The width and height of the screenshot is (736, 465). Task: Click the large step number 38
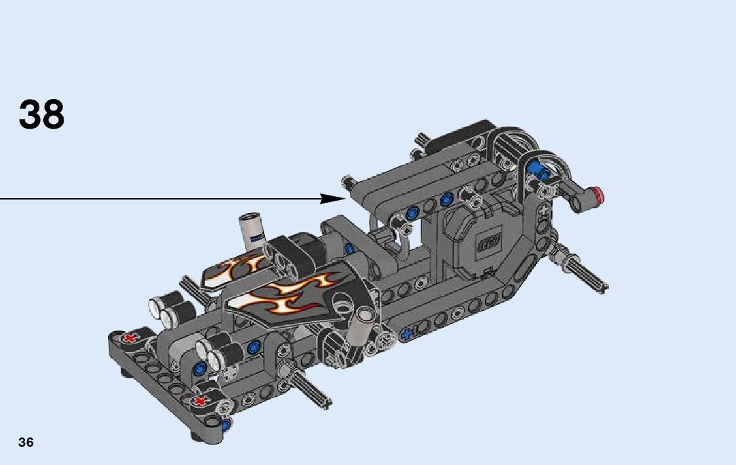(41, 115)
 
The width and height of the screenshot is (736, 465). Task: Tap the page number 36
(26, 442)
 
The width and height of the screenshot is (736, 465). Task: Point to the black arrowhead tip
(345, 199)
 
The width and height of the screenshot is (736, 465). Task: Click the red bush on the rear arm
(598, 196)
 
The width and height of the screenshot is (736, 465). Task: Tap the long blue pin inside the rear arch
(538, 171)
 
